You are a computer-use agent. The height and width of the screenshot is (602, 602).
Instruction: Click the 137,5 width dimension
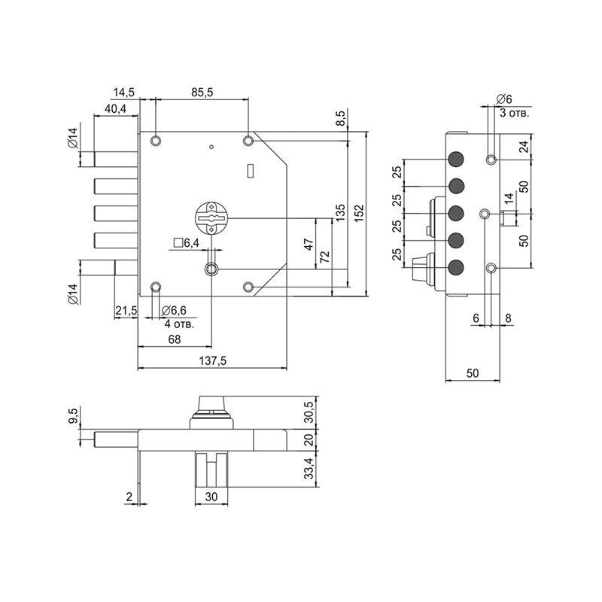point(214,361)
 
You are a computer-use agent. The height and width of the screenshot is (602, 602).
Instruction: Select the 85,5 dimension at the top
point(202,93)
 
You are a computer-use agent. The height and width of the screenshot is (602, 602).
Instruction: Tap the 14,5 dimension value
point(123,93)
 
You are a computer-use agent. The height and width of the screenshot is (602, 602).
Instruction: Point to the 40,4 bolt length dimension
point(116,109)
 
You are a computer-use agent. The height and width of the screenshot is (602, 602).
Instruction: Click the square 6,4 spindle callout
point(185,242)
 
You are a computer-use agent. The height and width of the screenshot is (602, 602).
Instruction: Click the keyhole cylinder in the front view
point(211,217)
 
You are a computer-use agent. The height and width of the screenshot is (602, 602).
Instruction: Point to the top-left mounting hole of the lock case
point(155,141)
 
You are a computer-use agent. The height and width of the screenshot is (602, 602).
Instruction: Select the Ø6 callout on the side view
point(504,99)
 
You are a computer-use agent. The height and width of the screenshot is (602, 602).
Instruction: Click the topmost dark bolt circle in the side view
point(455,160)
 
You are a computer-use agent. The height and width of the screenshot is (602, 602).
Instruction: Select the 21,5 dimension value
point(126,311)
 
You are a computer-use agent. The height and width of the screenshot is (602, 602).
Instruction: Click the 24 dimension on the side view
point(524,147)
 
